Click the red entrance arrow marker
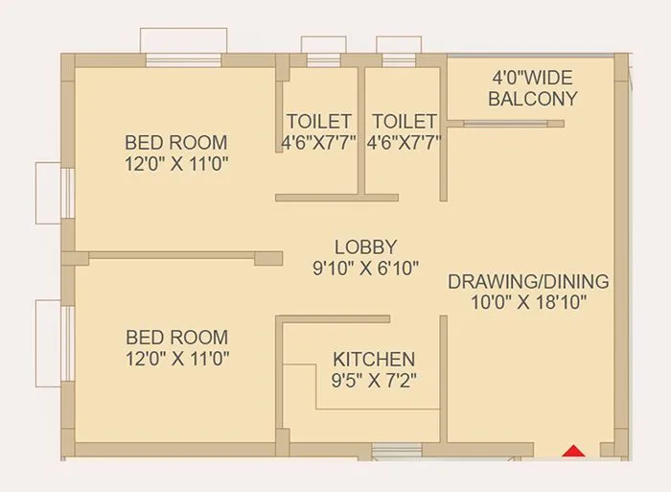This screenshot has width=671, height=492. coord(573,449)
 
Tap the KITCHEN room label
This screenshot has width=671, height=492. coord(374,359)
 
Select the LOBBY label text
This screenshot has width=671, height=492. coord(366,246)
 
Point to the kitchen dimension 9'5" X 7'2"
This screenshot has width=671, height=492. coord(374,380)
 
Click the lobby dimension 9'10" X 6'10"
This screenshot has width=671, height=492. coord(366,269)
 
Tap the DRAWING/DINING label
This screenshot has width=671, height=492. coord(528,282)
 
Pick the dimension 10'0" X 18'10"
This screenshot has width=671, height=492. coord(528,303)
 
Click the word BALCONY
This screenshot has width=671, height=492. coord(533,98)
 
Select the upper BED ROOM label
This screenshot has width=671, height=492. coord(176,143)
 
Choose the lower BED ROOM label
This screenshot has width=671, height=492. coord(177,338)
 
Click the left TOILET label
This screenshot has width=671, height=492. coord(319,122)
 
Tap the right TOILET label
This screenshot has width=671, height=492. coord(405,122)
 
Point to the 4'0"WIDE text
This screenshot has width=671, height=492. coord(533,77)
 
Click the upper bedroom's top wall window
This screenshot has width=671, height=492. coord(183,59)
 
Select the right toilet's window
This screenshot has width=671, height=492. coord(399,59)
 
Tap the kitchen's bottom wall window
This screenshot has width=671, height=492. coord(396,449)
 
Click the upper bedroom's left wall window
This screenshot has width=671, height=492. coord(68,193)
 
